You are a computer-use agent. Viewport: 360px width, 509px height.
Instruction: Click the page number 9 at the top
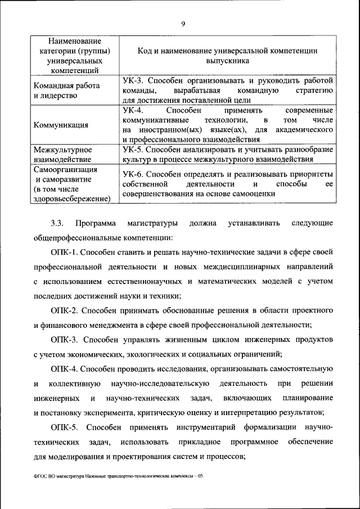(x=183, y=24)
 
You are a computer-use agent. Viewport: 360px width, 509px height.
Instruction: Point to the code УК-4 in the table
(x=134, y=110)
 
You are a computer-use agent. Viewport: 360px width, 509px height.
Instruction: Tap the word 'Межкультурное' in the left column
(x=62, y=151)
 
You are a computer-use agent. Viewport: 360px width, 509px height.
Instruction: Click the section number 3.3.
(x=58, y=223)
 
